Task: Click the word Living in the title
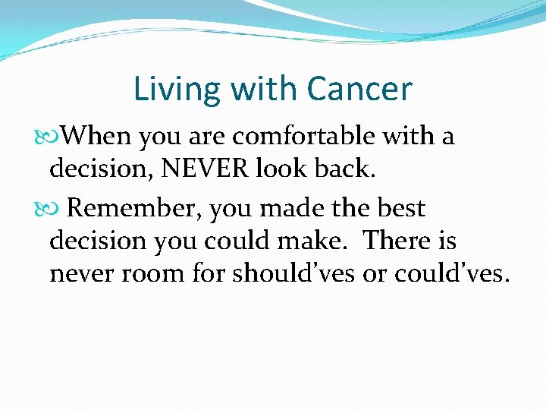coord(165,90)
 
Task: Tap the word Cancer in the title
coord(359,90)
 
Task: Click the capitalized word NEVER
coord(205,169)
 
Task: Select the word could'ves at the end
coord(452,273)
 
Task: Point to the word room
coord(158,273)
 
